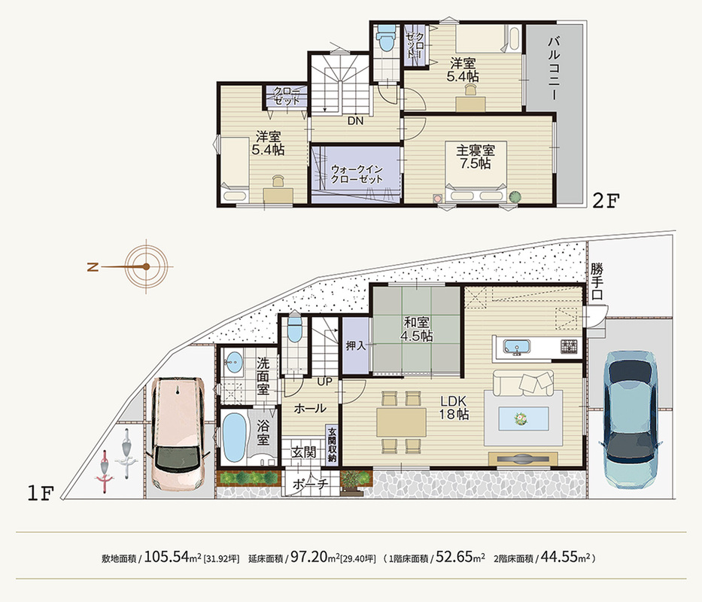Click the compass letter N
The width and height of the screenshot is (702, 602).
93,267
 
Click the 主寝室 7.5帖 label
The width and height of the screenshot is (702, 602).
476,157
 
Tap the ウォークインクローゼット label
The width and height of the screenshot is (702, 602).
357,174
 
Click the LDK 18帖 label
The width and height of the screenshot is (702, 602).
454,407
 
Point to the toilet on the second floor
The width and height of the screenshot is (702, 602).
385,38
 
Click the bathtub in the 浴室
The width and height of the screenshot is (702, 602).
235,437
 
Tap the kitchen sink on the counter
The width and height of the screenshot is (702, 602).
517,347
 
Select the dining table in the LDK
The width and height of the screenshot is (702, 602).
401,421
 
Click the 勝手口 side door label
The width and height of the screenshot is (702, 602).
597,281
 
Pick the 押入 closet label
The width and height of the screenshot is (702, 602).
356,346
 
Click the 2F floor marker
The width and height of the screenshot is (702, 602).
605,200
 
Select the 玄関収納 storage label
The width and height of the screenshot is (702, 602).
332,445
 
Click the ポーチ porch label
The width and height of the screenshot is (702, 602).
310,484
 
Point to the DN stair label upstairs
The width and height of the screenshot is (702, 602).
355,121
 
